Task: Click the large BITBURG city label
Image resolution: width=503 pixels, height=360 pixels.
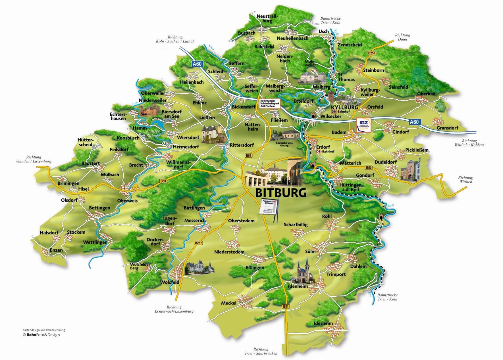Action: [281, 193]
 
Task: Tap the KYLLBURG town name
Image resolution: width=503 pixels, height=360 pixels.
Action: [344, 107]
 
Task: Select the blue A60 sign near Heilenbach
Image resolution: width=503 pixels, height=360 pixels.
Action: [197, 64]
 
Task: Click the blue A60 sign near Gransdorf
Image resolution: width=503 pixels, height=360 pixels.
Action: [414, 122]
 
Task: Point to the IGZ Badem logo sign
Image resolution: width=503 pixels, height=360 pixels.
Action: [363, 125]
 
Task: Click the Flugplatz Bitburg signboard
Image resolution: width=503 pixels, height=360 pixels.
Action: [269, 207]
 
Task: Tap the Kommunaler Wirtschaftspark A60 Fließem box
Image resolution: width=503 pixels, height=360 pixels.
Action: [269, 103]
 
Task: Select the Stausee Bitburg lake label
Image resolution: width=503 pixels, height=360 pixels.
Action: [153, 133]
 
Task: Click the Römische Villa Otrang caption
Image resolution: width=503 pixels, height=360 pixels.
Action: [284, 144]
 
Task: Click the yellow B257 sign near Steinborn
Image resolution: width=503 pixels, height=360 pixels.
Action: [371, 53]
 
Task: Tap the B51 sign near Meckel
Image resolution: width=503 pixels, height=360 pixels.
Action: [286, 306]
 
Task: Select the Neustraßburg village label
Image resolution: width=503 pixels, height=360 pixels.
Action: [267, 18]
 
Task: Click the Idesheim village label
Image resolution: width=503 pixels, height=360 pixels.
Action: [323, 323]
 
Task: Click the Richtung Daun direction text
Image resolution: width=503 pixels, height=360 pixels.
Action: [402, 37]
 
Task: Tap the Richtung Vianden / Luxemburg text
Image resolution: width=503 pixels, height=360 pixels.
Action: [34, 159]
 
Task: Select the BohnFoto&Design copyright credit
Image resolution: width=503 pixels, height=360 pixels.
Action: [41, 335]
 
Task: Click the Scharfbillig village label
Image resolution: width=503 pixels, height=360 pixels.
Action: [296, 225]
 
